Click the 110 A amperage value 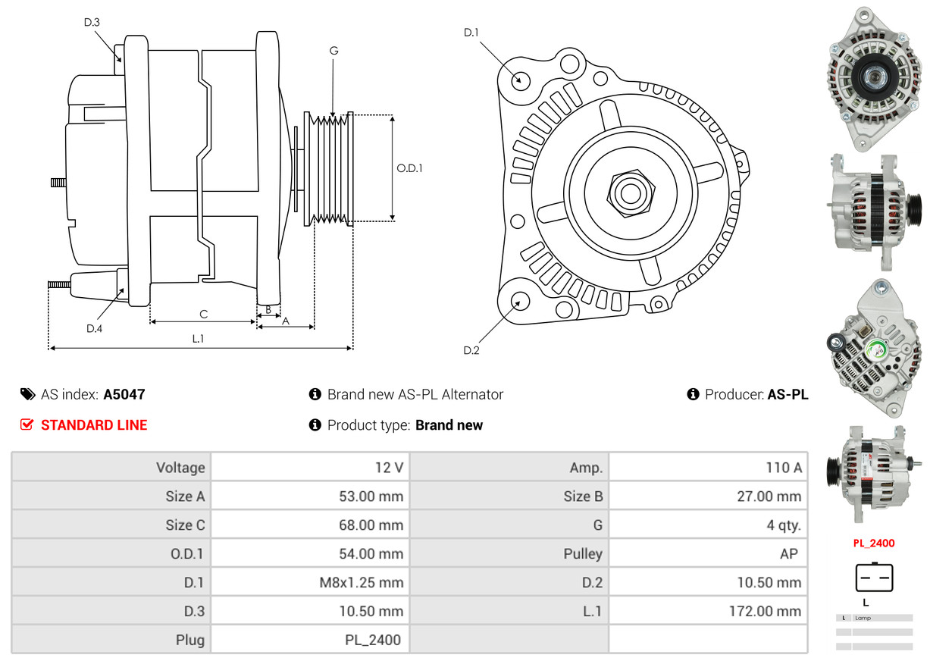(783, 468)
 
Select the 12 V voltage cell (389, 468)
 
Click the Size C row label (185, 525)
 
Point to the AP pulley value (788, 554)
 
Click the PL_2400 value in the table (372, 640)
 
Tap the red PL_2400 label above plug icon (873, 543)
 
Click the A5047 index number (124, 394)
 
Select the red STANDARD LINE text (94, 425)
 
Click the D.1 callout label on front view (471, 33)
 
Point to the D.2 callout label (471, 350)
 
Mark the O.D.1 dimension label (409, 168)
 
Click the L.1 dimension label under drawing (197, 339)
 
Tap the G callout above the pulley (333, 51)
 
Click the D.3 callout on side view (92, 23)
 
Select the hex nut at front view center (629, 192)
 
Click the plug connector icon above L (874, 578)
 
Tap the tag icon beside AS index (27, 394)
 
